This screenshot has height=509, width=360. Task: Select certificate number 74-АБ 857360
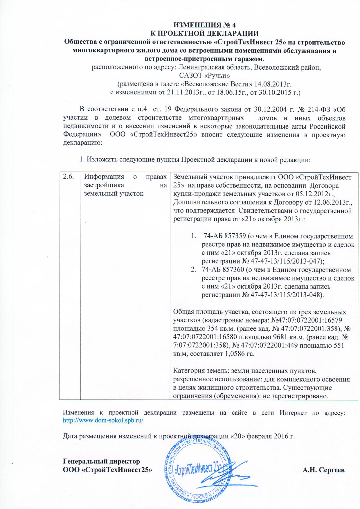[221, 270]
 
